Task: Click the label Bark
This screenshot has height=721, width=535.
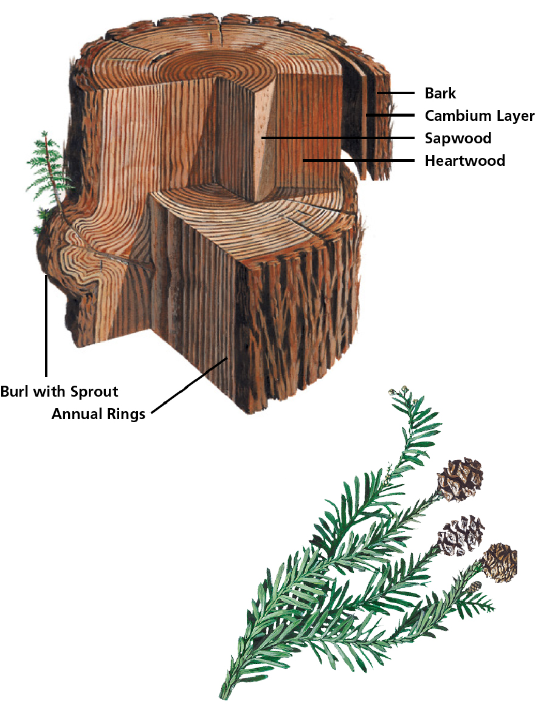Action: (440, 94)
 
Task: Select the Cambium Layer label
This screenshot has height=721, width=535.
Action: (479, 115)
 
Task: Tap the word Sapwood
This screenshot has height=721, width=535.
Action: (457, 138)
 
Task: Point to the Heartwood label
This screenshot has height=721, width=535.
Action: (464, 161)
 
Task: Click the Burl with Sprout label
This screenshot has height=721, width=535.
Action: (59, 391)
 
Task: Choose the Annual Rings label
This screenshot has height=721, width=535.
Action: (98, 414)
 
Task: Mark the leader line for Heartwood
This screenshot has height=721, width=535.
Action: (359, 161)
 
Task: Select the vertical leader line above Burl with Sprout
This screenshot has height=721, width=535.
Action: (46, 328)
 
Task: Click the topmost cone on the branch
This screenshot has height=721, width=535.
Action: (460, 479)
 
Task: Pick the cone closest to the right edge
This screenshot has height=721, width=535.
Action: (500, 562)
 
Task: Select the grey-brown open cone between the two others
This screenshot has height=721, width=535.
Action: (460, 535)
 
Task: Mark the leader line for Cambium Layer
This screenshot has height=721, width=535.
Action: (389, 115)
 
